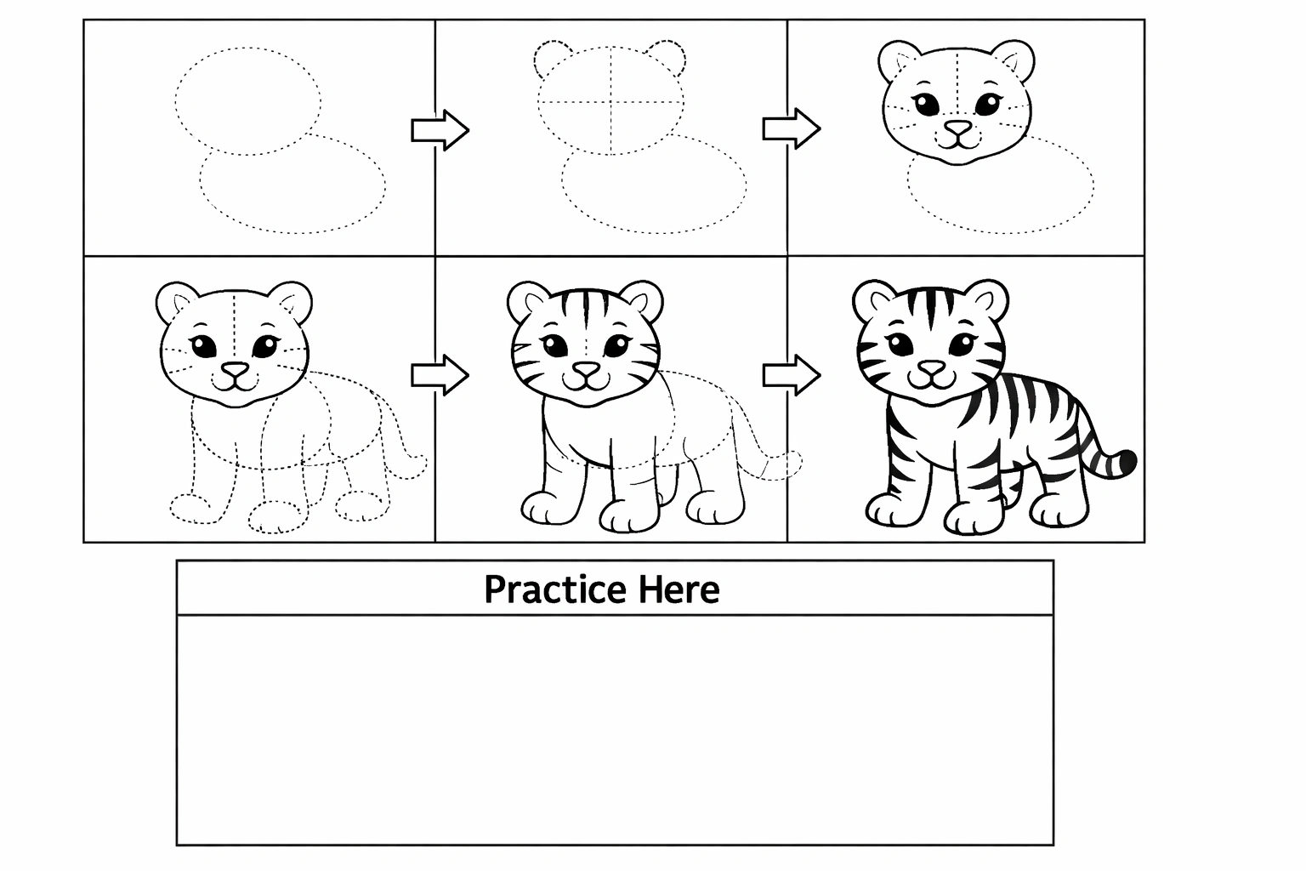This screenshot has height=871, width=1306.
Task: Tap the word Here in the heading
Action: click(x=679, y=589)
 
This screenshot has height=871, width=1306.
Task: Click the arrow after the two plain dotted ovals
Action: click(x=440, y=130)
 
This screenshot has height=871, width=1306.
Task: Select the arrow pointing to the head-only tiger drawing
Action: click(x=792, y=129)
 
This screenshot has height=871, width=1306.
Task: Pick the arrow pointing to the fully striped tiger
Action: click(x=792, y=375)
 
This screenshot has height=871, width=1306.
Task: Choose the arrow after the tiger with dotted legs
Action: click(x=440, y=375)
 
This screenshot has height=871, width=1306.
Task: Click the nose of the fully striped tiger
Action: click(x=932, y=367)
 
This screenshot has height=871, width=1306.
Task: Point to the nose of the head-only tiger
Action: click(x=958, y=127)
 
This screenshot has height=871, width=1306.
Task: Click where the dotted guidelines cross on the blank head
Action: click(x=611, y=102)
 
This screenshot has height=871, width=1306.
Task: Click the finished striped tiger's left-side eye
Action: click(x=900, y=344)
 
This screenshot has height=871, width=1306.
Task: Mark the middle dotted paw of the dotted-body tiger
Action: click(x=277, y=518)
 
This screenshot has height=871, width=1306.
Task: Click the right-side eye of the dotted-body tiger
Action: click(x=265, y=346)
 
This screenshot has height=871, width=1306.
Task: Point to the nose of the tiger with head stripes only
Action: click(x=586, y=369)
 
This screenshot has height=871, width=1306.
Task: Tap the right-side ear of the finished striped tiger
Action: click(x=988, y=299)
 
